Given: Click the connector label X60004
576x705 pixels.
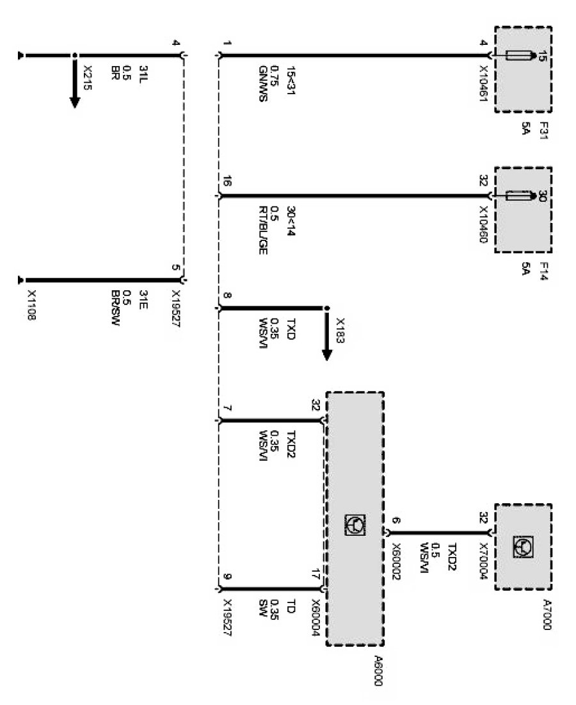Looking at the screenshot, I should (315, 619).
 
